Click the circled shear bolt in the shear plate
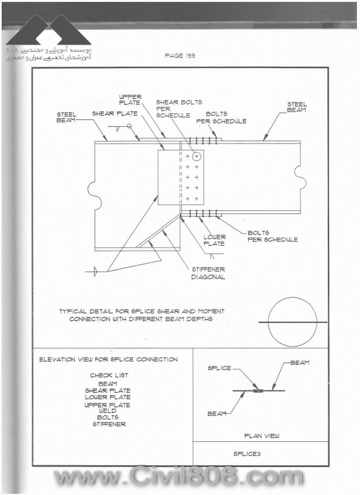click(x=196, y=156)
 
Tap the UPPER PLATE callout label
click(x=131, y=100)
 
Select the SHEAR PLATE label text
click(x=115, y=113)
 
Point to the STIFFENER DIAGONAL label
click(x=208, y=273)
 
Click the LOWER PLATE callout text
click(x=215, y=240)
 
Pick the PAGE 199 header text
click(x=180, y=56)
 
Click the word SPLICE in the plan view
click(x=220, y=368)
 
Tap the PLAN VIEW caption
click(x=262, y=436)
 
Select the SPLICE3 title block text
click(x=247, y=454)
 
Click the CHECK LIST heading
click(x=109, y=376)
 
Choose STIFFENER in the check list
click(x=109, y=424)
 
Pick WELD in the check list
click(x=108, y=411)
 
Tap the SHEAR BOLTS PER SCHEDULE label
click(x=179, y=109)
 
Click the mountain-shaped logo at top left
click(x=49, y=29)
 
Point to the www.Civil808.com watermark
click(x=179, y=476)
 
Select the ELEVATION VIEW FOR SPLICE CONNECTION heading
click(x=108, y=359)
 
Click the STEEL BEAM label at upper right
click(x=296, y=107)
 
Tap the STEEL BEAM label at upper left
click(x=66, y=117)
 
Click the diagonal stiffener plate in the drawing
click(x=158, y=231)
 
